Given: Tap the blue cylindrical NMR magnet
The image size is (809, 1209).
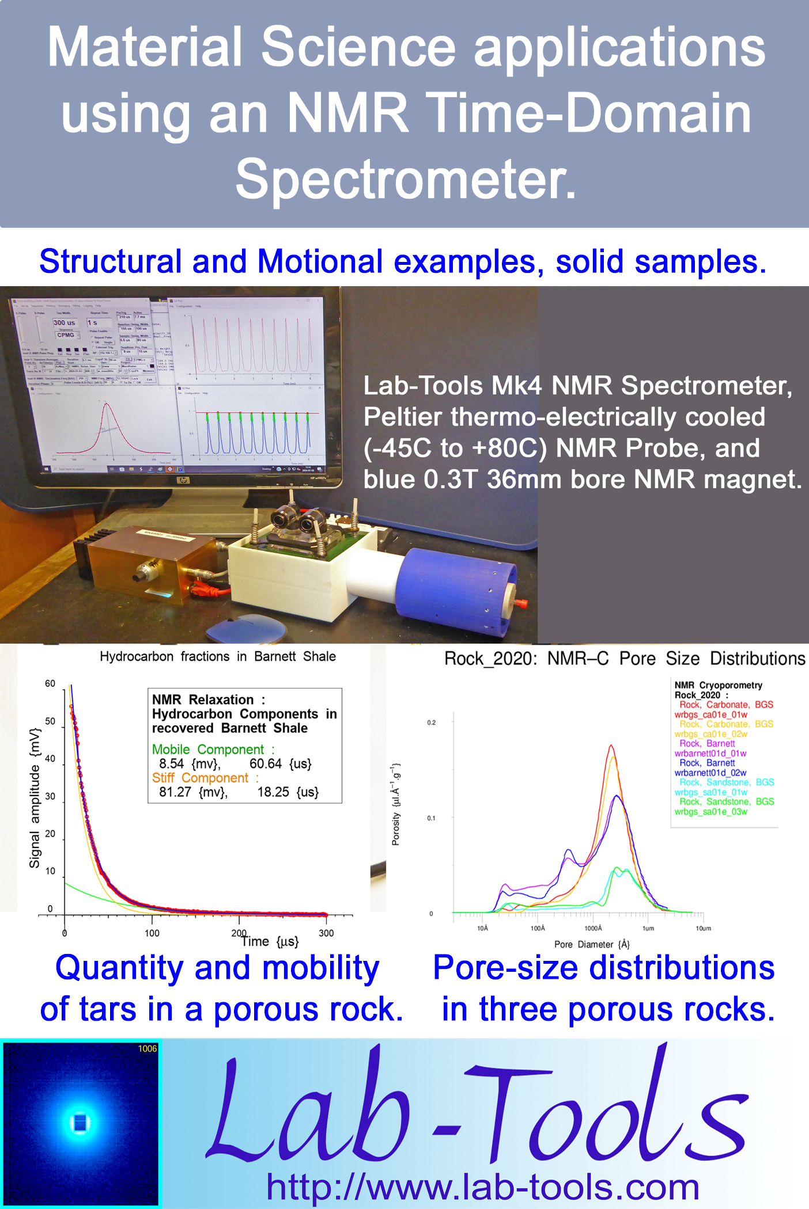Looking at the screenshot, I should point(461,587).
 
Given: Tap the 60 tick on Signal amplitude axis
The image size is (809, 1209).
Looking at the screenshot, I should point(50,683).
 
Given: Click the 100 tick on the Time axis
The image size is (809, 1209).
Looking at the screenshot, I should point(152,933).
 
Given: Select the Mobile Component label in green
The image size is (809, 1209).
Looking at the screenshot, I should point(207,750).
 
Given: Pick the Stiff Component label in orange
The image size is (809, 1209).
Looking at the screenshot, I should point(200,778).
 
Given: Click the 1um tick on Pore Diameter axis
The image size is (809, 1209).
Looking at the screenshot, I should point(648,928).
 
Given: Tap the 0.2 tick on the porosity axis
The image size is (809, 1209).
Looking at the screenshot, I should point(431,723).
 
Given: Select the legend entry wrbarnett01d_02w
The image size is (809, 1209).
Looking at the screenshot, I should point(710,773).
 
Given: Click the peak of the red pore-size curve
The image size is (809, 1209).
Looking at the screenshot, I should point(611,746).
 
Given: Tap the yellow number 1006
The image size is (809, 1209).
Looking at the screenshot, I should point(148,1048).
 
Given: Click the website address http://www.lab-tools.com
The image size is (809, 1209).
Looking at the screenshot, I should point(483,1187).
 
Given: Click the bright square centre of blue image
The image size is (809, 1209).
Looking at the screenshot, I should point(80,1122).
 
